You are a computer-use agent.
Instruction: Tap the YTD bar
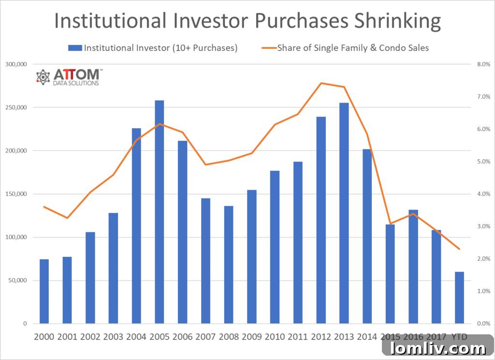coord(459,298)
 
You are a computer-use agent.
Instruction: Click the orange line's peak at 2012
coord(321,83)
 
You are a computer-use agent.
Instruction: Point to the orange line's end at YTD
coord(459,249)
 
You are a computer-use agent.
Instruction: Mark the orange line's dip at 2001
coord(67,218)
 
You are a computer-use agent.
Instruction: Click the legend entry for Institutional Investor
coord(153,48)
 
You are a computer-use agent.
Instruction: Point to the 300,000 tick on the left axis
coord(17,64)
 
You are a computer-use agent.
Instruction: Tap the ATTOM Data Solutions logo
coord(69,76)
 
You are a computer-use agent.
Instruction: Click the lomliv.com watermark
coord(438,348)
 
